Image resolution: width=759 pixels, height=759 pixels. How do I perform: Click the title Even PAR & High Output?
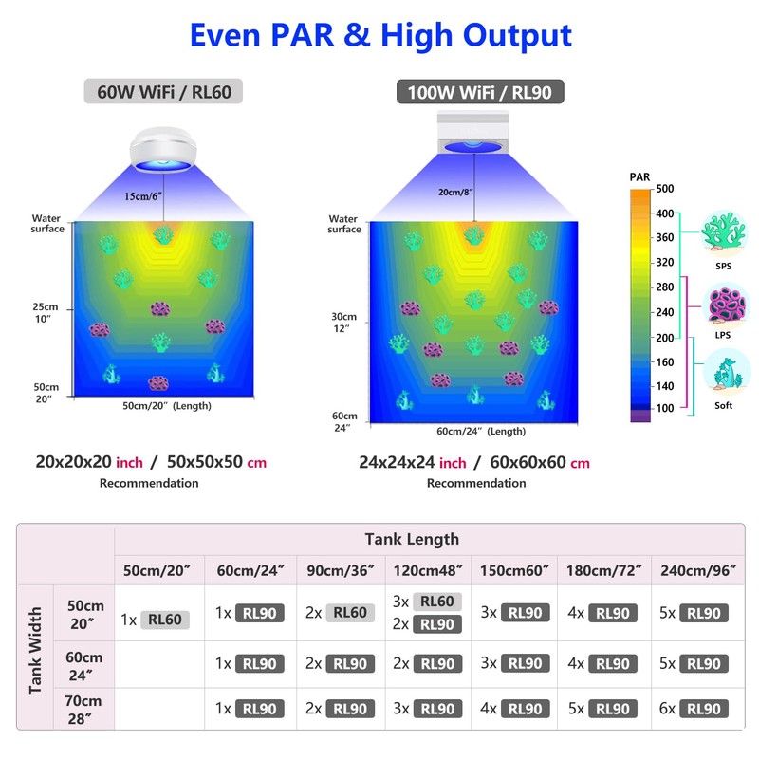point(379,35)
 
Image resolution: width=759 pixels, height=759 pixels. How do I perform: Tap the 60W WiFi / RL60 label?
point(163,91)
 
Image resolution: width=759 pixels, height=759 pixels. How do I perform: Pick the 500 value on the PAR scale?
point(663,189)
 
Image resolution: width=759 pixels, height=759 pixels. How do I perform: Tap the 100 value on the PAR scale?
point(663,408)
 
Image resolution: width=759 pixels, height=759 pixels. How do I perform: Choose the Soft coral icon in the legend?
point(724,373)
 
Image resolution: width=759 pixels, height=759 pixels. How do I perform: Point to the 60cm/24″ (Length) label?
point(480,431)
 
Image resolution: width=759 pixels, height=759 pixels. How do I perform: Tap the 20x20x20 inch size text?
point(89,463)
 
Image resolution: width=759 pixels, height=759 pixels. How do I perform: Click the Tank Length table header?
point(412,539)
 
